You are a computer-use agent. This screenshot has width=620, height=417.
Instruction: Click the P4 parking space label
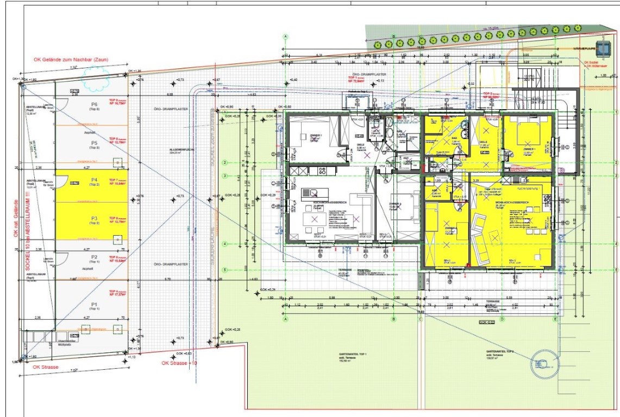click(94, 179)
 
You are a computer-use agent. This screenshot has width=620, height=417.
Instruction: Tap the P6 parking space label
click(94, 104)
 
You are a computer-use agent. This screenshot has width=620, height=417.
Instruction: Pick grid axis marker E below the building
click(555, 320)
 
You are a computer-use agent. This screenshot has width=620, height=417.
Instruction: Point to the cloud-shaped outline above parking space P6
click(93, 83)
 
